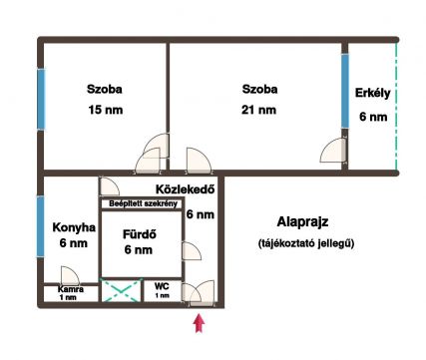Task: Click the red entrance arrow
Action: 199,323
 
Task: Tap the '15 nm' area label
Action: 106,110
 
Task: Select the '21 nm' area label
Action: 258,110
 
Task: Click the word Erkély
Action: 372,93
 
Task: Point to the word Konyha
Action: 74,227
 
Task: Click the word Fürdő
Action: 140,234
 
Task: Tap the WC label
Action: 162,286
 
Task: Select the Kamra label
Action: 71,289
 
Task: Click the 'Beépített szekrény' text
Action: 143,203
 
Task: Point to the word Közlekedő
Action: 186,189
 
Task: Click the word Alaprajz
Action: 302,221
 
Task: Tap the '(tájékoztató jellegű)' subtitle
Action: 306,243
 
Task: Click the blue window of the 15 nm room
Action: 41,99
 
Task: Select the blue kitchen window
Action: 40,226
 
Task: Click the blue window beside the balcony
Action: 345,91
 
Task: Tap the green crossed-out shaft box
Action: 121,290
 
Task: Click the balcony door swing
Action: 333,151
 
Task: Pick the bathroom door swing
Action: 192,251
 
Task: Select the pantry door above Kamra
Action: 70,275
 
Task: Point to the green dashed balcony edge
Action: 396,107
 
